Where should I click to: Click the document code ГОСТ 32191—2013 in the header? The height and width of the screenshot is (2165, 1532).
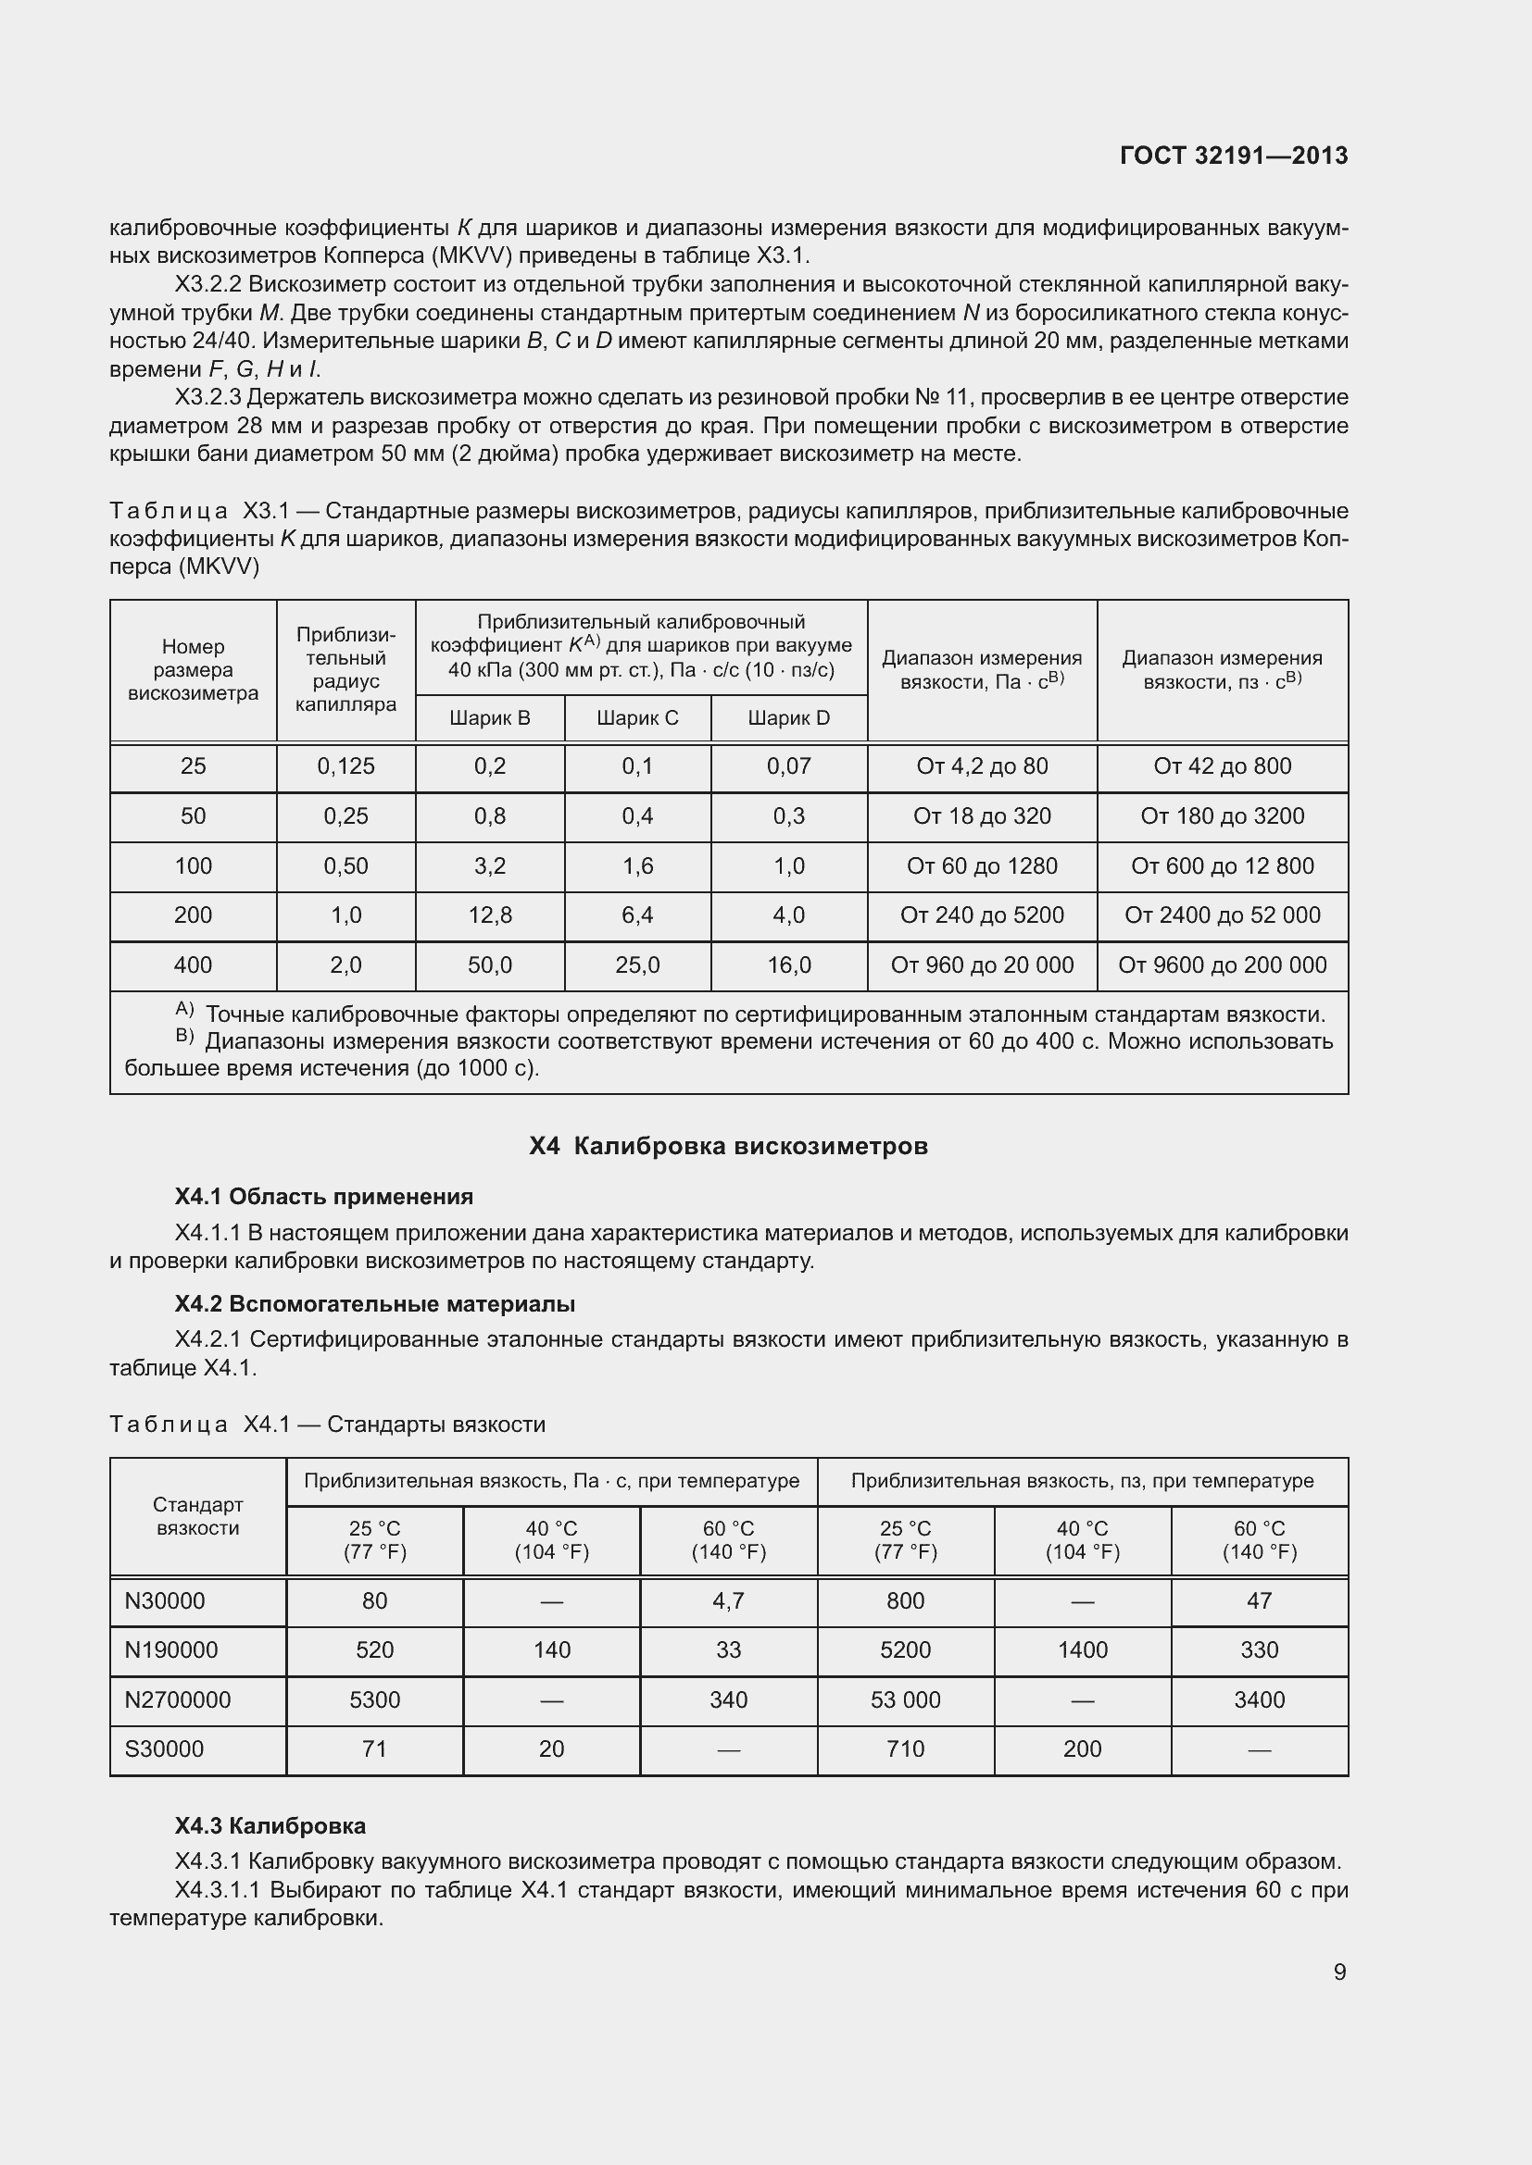1233,156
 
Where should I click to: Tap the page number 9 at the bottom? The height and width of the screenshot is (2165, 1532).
1339,1972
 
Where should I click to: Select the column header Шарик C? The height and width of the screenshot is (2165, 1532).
636,717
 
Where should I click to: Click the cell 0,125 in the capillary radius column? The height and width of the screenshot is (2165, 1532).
345,765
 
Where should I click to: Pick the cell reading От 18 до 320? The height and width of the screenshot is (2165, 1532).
981,815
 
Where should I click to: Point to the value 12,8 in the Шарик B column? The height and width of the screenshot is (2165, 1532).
490,915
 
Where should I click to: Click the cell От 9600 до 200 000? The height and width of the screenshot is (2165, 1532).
1222,964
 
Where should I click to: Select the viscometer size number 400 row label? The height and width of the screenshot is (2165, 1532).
193,964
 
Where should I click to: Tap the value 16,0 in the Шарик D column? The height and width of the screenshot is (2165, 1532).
788,964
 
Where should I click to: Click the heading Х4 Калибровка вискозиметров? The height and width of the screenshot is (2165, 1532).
728,1146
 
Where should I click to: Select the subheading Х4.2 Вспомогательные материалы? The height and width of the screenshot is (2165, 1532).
374,1303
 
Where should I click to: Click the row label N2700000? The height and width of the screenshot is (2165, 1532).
177,1699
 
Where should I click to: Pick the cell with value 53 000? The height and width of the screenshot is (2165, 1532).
905,1699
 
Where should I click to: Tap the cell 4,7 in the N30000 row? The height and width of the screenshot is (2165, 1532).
728,1600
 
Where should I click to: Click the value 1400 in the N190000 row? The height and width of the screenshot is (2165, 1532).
1082,1649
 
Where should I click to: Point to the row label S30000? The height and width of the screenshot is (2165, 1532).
164,1748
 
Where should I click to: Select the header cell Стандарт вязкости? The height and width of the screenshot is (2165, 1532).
198,1515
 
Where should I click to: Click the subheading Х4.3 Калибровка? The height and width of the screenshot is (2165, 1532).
270,1825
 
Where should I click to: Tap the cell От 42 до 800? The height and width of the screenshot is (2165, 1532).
1222,765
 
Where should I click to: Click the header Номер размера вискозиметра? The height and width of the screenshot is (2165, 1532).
193,669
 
